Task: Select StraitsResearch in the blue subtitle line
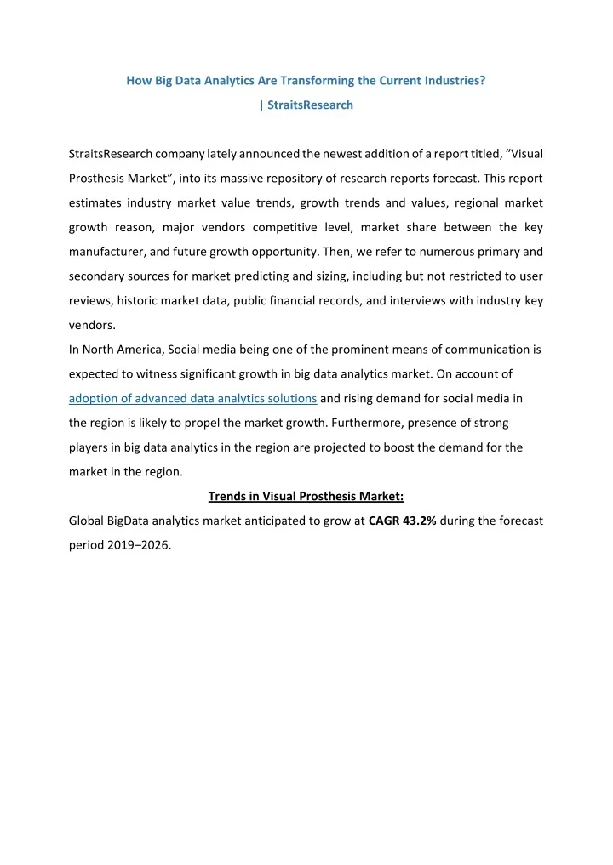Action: click(x=311, y=105)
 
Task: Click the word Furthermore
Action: click(x=365, y=423)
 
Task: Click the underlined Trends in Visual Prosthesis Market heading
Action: click(x=306, y=498)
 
